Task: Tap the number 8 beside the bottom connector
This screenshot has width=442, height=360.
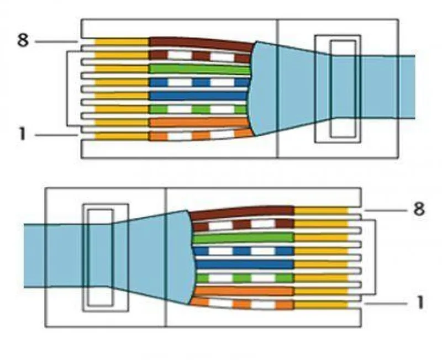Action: [418, 210]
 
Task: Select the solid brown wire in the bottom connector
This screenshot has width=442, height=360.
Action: [243, 211]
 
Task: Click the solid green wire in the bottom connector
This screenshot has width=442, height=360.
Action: [243, 237]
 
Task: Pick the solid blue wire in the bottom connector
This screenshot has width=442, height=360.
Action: [243, 264]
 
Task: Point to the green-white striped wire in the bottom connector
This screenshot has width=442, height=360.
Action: [243, 277]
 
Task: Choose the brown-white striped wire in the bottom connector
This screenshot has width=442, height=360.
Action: [243, 224]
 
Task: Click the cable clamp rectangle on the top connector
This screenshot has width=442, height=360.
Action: [338, 89]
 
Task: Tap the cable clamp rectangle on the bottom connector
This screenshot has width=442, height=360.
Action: [105, 257]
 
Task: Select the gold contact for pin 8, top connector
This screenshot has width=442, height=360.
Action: [122, 42]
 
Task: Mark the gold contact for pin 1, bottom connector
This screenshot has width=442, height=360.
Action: [320, 304]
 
